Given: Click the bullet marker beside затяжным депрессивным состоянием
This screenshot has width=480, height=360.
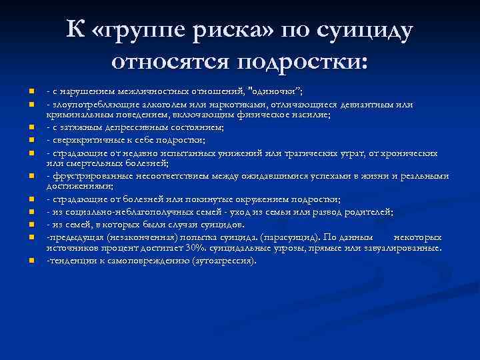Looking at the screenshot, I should click(31, 127).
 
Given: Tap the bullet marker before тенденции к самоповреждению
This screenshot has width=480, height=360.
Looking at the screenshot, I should click(31, 260).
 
